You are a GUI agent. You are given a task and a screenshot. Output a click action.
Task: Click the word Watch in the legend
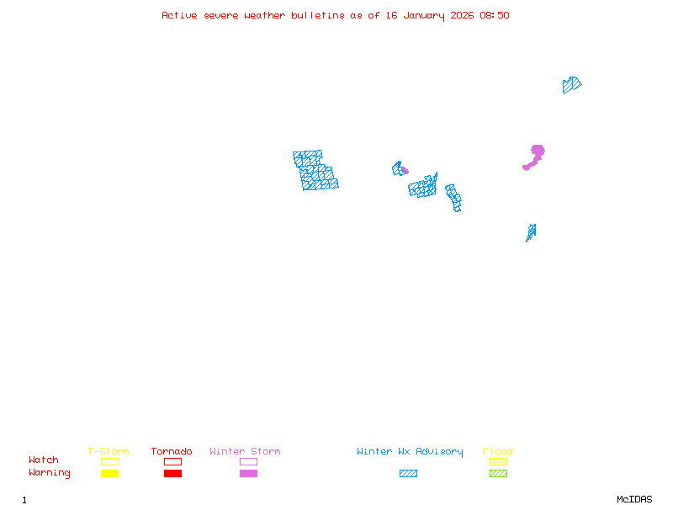click(44, 460)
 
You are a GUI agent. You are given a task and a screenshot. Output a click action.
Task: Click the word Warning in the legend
click(50, 473)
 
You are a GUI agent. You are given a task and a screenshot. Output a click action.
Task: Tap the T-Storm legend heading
click(109, 452)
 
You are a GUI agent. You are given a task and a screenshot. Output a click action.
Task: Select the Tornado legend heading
click(172, 452)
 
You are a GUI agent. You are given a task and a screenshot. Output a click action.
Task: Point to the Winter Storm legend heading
click(245, 452)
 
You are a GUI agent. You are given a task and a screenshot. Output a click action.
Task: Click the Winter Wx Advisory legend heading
click(410, 452)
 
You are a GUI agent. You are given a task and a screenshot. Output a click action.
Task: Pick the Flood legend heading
click(498, 452)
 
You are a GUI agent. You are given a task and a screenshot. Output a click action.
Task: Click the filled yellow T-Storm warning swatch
click(109, 474)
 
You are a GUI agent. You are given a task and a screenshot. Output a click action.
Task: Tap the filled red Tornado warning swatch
click(172, 474)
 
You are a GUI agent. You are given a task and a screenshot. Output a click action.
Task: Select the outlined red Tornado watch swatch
click(172, 461)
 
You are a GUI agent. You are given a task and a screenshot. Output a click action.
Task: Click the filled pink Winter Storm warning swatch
click(248, 474)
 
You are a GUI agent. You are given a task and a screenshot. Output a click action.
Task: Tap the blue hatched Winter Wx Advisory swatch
click(408, 474)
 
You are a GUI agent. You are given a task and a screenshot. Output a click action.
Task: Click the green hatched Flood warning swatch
click(498, 474)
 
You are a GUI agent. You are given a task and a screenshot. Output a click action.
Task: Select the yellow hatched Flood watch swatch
click(498, 461)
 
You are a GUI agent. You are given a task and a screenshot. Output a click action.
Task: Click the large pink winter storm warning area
click(536, 153)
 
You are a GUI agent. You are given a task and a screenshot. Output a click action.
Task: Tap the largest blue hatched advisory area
click(315, 170)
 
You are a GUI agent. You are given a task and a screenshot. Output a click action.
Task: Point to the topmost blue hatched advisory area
click(571, 84)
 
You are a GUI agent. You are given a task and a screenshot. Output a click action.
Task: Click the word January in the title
click(421, 15)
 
